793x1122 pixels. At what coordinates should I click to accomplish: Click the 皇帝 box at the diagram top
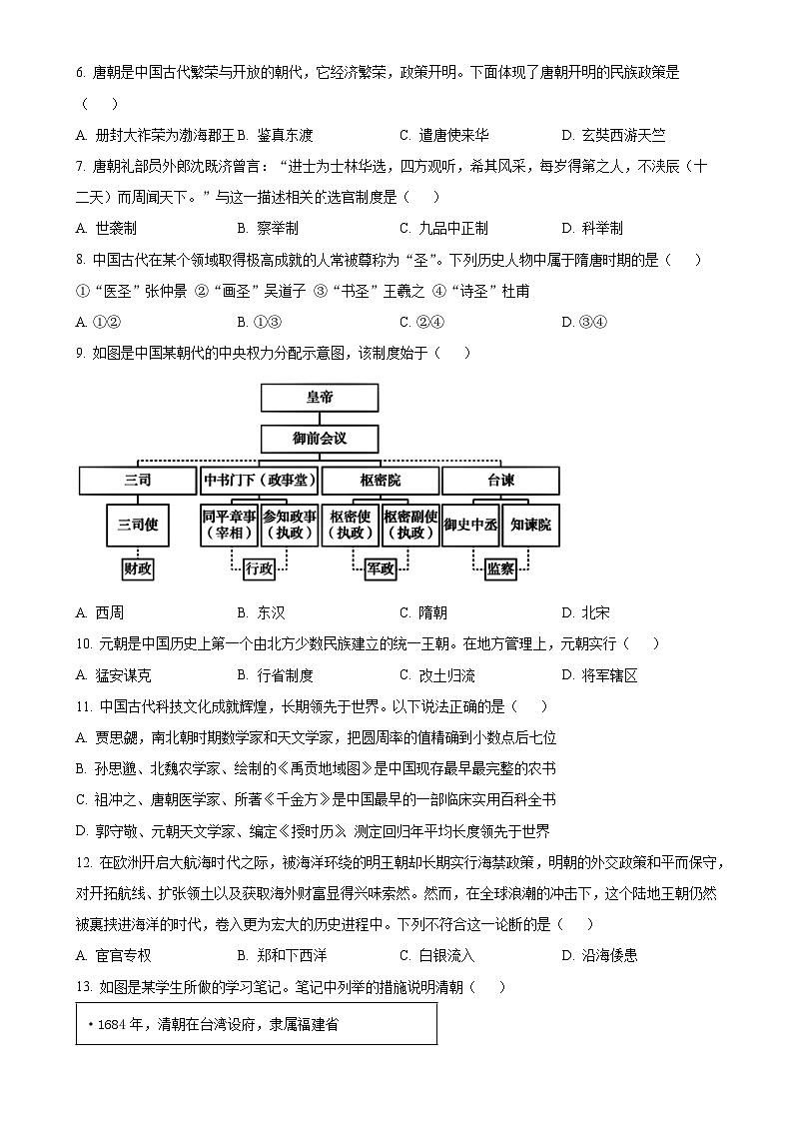[320, 398]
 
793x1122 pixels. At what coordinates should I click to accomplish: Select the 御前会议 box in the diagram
[320, 439]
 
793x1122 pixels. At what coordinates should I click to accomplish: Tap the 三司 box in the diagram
[138, 481]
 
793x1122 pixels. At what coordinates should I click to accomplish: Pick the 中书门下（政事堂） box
[260, 481]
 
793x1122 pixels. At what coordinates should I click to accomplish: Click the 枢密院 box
[381, 481]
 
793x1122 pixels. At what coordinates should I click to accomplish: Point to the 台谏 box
[501, 481]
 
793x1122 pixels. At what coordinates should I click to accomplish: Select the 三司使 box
[138, 524]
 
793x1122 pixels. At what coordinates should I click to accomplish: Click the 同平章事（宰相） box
[229, 524]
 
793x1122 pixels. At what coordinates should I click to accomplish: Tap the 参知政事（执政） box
[290, 524]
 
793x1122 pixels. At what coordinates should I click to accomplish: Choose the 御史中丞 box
[470, 524]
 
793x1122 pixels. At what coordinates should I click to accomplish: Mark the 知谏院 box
[531, 524]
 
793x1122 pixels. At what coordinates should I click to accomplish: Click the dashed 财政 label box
[138, 568]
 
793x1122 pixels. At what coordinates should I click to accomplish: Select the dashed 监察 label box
[500, 568]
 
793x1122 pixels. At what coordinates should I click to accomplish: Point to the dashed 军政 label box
[381, 568]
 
